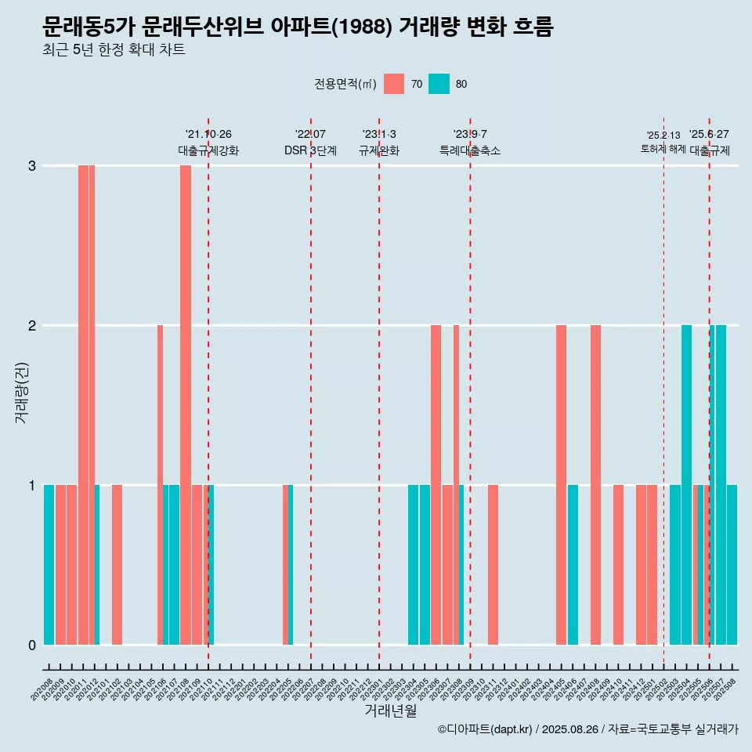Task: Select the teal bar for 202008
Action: click(x=49, y=565)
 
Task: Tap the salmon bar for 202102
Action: click(x=117, y=565)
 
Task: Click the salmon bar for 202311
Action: click(x=493, y=565)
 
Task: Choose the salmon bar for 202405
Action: click(x=561, y=485)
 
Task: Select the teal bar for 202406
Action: click(x=573, y=565)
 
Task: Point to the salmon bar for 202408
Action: click(x=595, y=485)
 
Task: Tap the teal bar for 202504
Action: click(x=686, y=485)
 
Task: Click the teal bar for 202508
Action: click(x=732, y=565)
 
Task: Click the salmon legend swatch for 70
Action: click(x=394, y=84)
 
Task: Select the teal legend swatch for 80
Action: click(x=439, y=84)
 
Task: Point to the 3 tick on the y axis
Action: click(x=32, y=166)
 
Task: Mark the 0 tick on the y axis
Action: click(x=32, y=645)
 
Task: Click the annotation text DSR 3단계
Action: click(x=310, y=150)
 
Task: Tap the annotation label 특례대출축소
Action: click(x=470, y=150)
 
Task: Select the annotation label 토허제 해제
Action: click(x=663, y=148)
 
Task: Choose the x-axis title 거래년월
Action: click(x=390, y=710)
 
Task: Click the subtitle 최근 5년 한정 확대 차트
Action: click(x=114, y=50)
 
